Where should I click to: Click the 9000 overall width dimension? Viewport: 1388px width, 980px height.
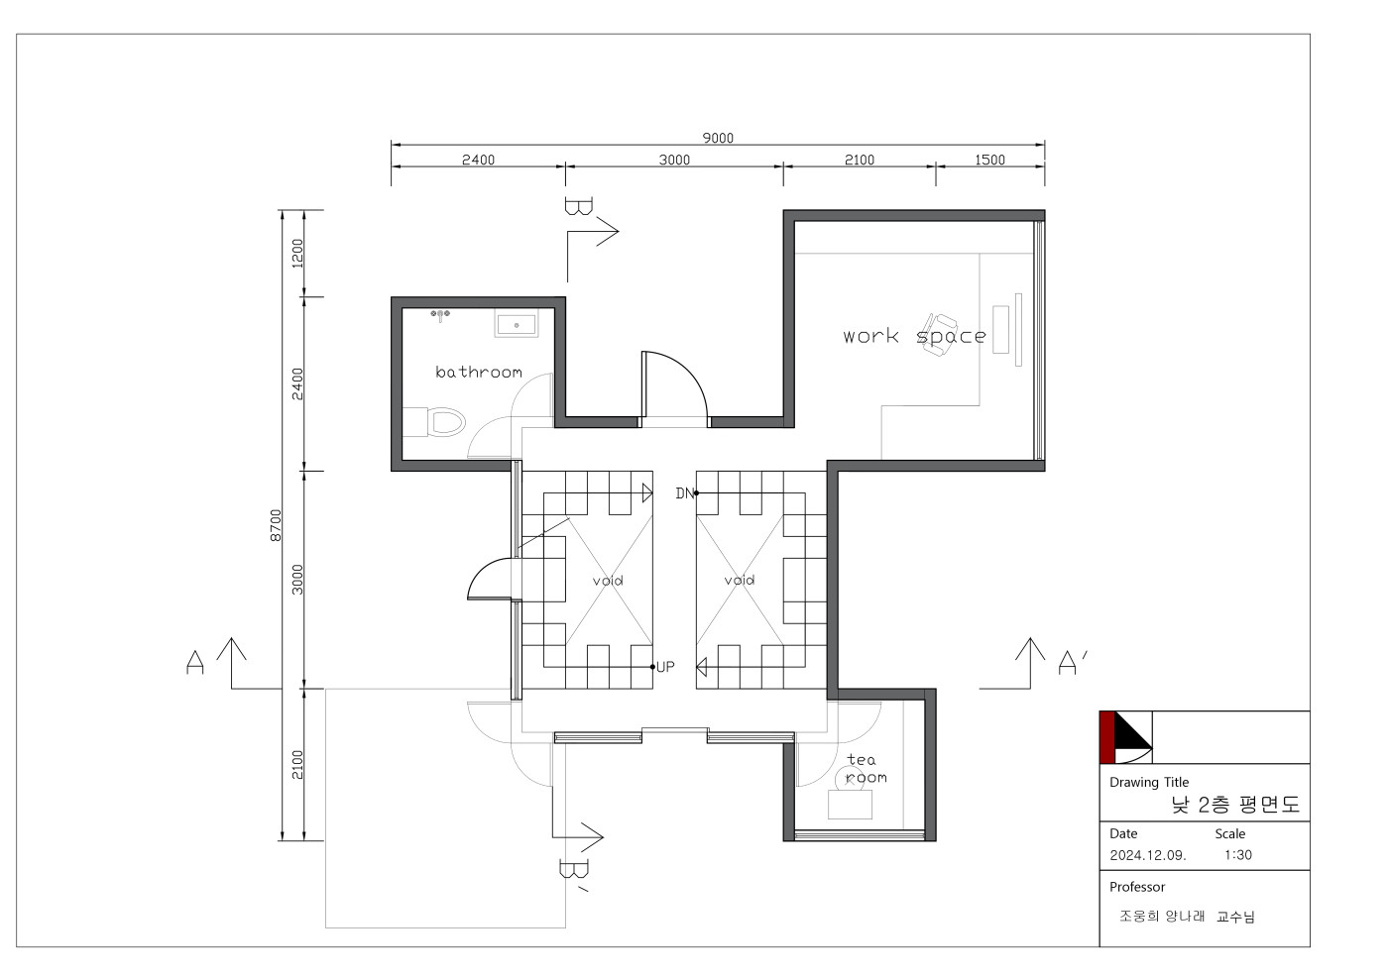(x=718, y=138)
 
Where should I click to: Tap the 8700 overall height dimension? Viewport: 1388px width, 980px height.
(x=276, y=525)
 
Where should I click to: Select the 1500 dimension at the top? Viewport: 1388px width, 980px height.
(x=989, y=160)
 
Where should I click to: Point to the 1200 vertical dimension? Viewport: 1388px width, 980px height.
(x=297, y=254)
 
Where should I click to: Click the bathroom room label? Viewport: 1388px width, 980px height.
(x=478, y=372)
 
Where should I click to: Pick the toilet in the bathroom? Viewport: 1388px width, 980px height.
(x=434, y=422)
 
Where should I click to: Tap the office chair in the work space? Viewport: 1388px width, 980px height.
(x=938, y=335)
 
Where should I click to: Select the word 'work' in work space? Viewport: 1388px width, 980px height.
(x=870, y=336)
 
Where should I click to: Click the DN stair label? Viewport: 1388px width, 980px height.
(x=684, y=493)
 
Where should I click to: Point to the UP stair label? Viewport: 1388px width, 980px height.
(x=665, y=667)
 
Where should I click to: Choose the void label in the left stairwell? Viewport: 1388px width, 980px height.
(x=607, y=581)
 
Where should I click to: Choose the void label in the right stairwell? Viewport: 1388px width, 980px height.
(x=740, y=580)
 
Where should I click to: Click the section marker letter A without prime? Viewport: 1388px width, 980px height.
(x=195, y=662)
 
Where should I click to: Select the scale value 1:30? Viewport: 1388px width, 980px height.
(x=1237, y=855)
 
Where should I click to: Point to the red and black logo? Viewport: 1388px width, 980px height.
(x=1126, y=737)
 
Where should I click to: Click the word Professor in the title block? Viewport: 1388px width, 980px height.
(x=1137, y=887)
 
